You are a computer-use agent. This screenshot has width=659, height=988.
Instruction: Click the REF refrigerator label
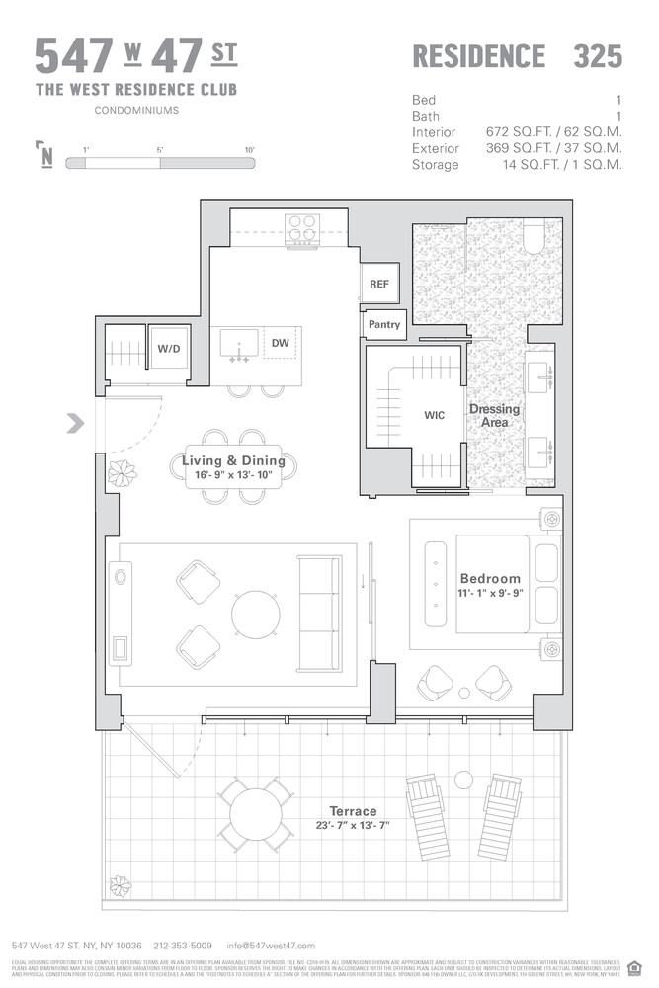379,284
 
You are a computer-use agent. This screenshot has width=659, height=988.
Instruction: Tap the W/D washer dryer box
168,348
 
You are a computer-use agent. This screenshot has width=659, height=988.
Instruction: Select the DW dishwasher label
281,343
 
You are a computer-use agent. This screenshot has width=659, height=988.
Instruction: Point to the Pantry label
383,324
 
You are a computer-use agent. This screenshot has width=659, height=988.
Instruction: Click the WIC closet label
434,415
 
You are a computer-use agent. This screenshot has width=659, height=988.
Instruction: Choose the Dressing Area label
494,416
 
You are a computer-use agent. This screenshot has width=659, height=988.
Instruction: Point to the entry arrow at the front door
74,425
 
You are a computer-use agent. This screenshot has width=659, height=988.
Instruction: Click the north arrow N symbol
45,156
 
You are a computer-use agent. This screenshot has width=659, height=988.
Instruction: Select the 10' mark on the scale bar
250,150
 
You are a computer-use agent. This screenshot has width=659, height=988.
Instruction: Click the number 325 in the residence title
598,57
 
